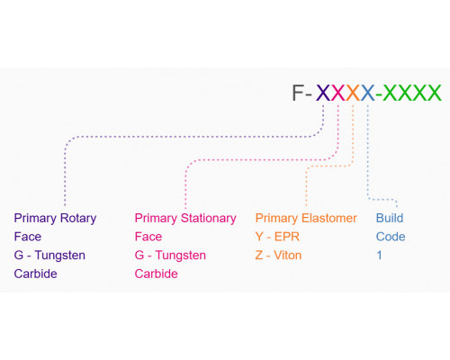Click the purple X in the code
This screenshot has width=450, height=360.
323,93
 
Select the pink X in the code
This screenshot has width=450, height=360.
338,93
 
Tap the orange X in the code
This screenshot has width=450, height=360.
353,93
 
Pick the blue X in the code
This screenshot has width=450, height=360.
368,93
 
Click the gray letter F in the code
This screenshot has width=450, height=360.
299,93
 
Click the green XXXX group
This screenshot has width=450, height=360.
412,93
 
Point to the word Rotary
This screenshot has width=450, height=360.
78,219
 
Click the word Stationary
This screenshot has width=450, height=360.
209,219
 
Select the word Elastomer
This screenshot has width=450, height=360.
329,218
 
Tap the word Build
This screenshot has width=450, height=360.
390,218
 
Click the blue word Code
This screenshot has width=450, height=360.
391,237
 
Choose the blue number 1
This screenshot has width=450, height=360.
379,256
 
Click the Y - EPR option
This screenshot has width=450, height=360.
277,237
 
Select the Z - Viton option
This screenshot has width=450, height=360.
278,256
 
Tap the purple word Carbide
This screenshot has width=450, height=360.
35,274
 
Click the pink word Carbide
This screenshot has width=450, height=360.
156,274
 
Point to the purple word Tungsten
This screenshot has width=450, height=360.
60,256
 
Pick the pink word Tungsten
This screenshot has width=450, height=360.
181,256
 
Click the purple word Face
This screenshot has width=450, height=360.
28,237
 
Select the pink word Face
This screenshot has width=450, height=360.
148,237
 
